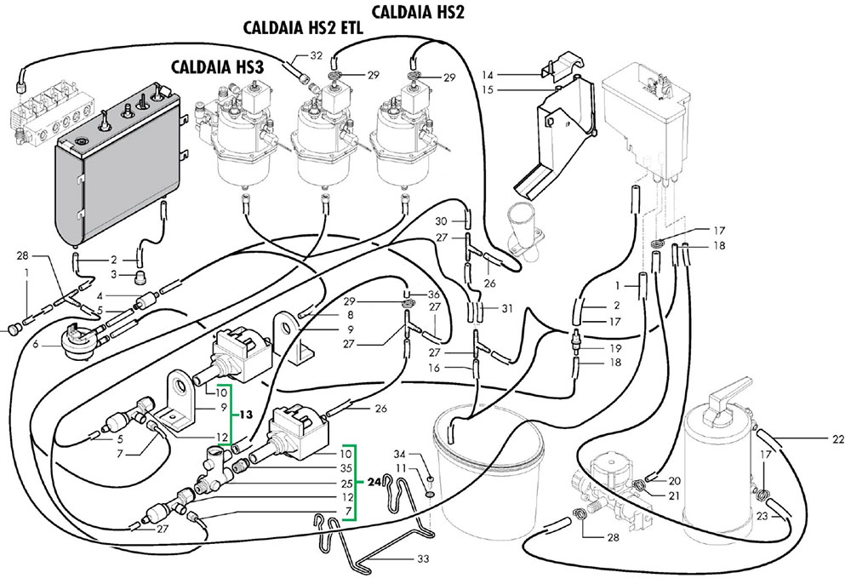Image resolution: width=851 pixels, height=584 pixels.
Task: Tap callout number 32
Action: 316,57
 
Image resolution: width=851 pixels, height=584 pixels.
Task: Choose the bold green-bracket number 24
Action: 373,481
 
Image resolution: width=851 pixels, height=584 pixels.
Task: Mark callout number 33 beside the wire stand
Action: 424,558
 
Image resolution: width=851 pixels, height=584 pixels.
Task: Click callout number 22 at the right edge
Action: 838,439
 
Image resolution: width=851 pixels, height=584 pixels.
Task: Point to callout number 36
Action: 433,295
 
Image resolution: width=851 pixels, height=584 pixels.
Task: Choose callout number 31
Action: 508,308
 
